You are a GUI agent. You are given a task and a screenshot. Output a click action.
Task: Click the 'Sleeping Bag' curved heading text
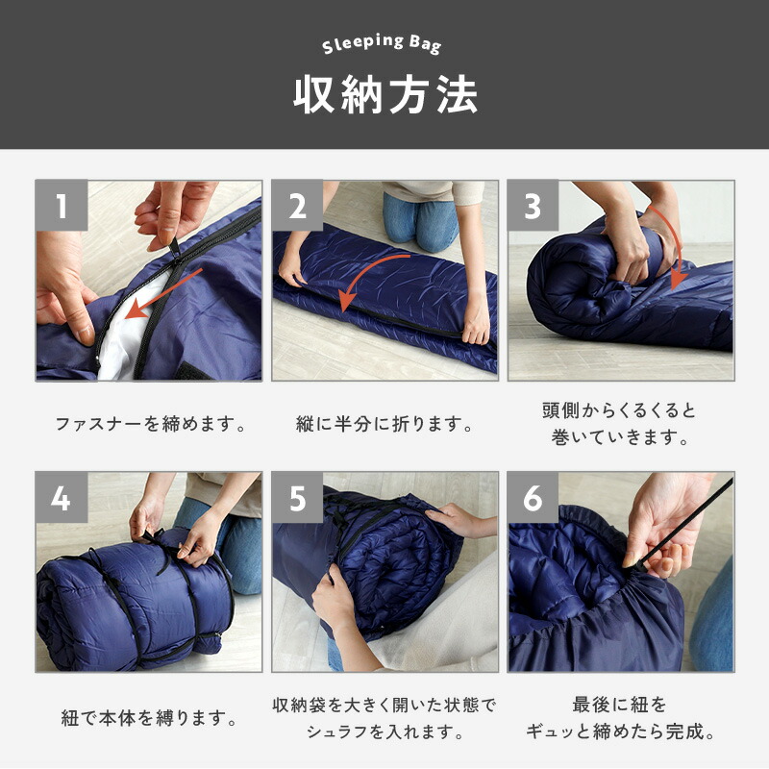point(382,43)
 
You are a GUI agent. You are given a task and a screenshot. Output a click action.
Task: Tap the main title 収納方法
point(385,95)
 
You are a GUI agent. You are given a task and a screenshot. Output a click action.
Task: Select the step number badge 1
point(62,206)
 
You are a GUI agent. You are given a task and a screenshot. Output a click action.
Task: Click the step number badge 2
point(297,206)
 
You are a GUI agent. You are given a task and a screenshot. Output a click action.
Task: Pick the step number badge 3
point(533,206)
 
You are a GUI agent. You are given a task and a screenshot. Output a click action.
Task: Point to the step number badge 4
point(62,498)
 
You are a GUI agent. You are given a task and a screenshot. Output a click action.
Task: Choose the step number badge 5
point(297,498)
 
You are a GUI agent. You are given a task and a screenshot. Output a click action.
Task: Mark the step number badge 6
point(533,498)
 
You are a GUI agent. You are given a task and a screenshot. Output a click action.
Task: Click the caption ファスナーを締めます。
point(151,424)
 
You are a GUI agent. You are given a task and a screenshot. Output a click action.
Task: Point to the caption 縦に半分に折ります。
point(384,424)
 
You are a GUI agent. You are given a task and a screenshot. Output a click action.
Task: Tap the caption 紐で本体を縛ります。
point(149,718)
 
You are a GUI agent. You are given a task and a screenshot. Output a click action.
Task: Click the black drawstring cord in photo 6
point(679,523)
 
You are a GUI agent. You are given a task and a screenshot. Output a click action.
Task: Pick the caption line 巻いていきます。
point(620,437)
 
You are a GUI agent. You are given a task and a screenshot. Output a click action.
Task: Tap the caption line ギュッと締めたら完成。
point(620,732)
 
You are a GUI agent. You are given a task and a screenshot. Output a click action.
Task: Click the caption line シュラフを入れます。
point(385,732)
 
